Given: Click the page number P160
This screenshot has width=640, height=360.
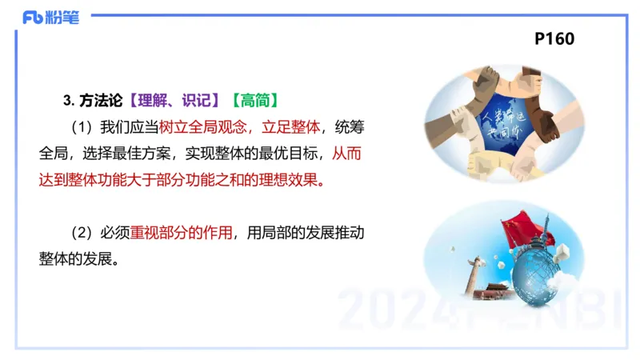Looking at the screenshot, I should point(554,38).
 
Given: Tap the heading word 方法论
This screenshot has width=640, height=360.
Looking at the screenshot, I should point(102,100).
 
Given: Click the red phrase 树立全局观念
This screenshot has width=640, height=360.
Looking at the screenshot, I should point(205,126).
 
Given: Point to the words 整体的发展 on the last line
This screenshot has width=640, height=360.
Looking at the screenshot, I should point(78,259).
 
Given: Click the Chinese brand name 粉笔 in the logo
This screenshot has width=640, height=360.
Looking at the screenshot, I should point(64,18).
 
